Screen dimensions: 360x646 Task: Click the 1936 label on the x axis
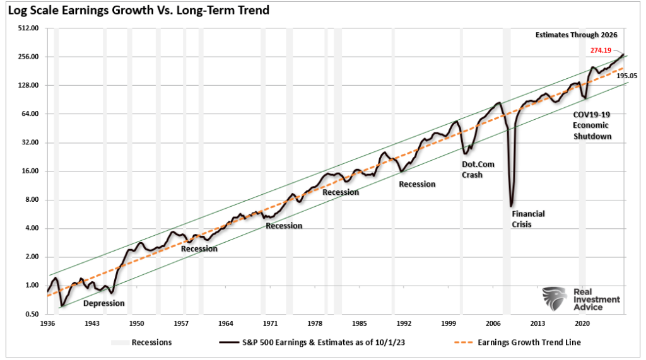[x=47, y=323]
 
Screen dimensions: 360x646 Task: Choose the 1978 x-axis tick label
[x=315, y=323]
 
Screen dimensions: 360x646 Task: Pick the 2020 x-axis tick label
[x=582, y=323]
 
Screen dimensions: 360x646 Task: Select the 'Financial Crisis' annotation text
[x=527, y=219]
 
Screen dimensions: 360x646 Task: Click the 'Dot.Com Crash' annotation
[x=478, y=169]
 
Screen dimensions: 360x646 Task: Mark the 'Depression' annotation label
[x=104, y=303]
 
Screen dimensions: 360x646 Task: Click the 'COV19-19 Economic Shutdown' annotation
[x=592, y=125]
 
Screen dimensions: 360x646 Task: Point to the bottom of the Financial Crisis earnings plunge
[x=511, y=206]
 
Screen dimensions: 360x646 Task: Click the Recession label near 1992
[x=417, y=184]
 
